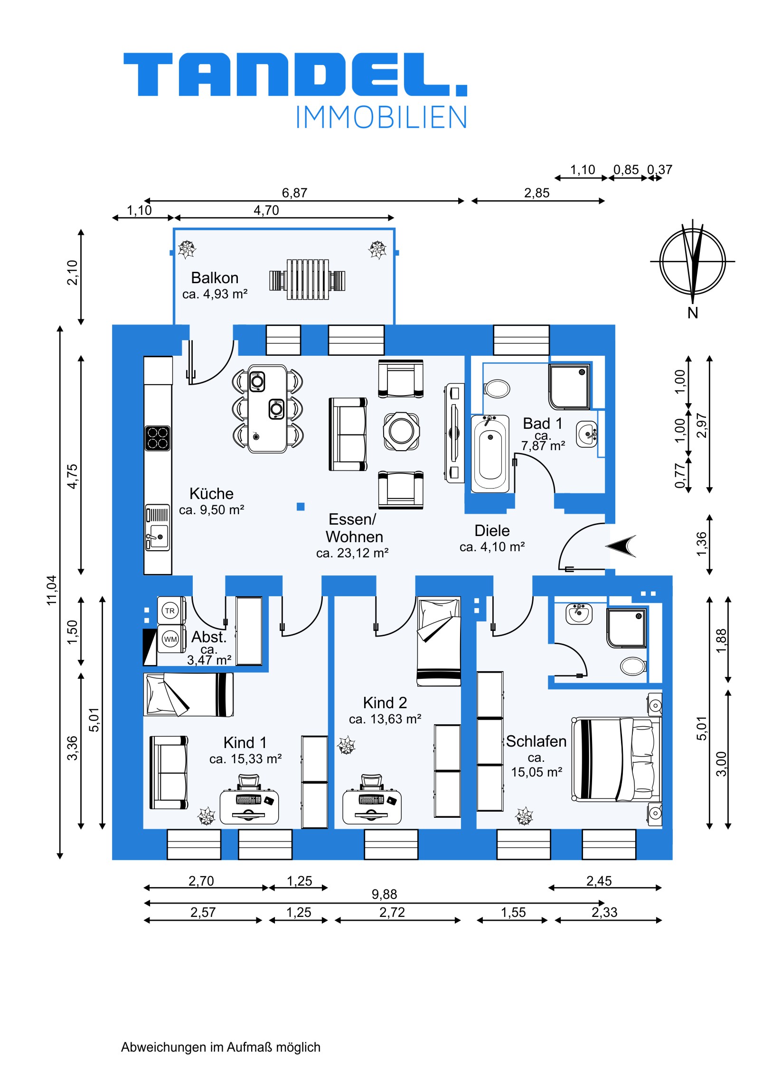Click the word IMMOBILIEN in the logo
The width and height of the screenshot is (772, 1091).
(x=381, y=117)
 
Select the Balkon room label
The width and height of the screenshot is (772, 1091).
(x=215, y=278)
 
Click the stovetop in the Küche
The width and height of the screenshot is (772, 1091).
(x=158, y=438)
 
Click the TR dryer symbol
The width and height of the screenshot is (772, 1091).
(x=170, y=611)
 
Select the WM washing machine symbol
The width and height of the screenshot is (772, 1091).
(x=170, y=639)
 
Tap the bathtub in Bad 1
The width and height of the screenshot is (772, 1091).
(x=490, y=454)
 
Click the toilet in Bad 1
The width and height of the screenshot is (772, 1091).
(x=497, y=388)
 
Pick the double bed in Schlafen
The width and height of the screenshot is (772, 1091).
(x=616, y=759)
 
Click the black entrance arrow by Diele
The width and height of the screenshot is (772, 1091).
(x=621, y=546)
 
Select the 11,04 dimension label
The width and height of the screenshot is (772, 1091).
(x=51, y=590)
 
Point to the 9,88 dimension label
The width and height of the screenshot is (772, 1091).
(x=384, y=894)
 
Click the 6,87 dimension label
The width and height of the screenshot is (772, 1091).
(x=294, y=193)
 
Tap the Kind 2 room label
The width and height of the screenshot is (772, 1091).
(x=385, y=703)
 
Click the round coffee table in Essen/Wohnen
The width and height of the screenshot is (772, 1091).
(x=402, y=432)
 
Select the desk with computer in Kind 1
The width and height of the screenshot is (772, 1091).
(x=249, y=805)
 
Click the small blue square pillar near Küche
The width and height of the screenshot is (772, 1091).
(x=301, y=507)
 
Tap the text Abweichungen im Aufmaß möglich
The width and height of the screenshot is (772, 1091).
(x=221, y=1047)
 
